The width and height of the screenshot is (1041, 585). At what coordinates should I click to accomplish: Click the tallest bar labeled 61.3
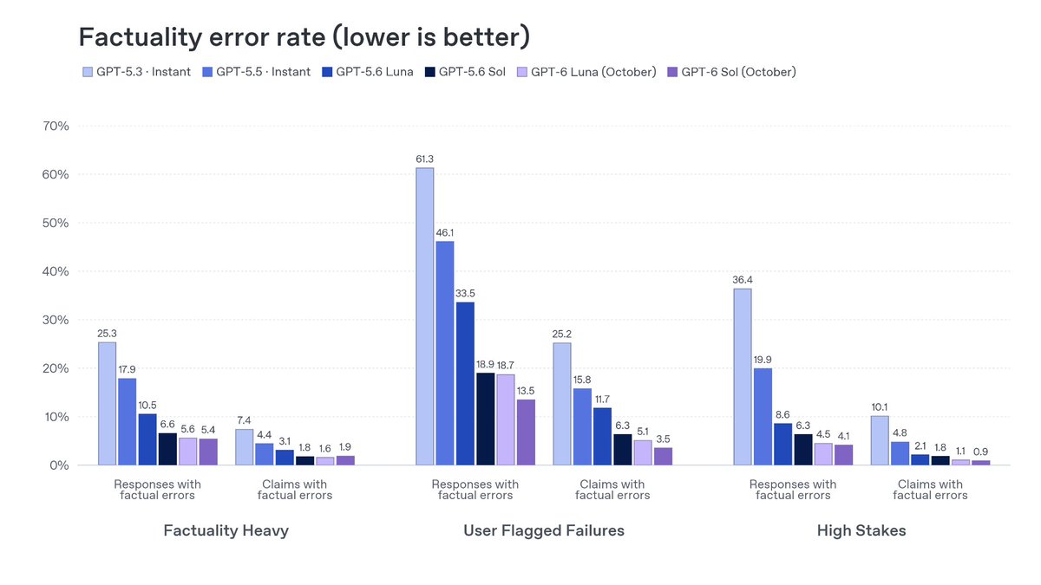click(x=425, y=316)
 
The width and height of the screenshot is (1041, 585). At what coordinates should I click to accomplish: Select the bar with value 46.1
click(x=445, y=354)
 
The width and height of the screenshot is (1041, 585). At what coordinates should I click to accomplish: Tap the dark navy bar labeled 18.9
click(x=486, y=419)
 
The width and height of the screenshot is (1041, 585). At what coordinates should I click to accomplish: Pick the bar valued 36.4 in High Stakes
click(x=743, y=377)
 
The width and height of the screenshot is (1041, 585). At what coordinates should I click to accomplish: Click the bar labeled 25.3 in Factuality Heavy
click(x=108, y=404)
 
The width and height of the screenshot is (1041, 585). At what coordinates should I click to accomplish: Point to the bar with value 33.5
click(x=465, y=383)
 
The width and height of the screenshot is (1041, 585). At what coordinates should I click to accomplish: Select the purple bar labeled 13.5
click(x=526, y=432)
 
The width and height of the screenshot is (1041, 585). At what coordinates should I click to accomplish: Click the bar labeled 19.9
click(x=763, y=417)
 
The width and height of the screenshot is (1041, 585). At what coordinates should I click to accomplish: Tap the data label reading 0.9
click(x=980, y=452)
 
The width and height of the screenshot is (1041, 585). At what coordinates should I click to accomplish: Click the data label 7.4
click(x=244, y=420)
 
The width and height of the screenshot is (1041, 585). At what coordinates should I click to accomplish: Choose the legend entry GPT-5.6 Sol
click(x=465, y=72)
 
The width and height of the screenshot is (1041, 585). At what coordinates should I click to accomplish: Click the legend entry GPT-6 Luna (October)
click(x=586, y=72)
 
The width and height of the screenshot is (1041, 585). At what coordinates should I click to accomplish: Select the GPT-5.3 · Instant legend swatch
click(x=88, y=72)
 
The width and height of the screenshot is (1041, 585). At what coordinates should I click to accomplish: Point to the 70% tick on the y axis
click(x=56, y=126)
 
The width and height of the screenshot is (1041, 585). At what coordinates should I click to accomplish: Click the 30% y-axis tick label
click(x=56, y=320)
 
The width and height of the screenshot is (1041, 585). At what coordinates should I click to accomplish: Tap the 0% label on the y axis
click(x=59, y=465)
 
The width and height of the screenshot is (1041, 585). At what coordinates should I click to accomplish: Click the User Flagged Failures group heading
click(x=544, y=530)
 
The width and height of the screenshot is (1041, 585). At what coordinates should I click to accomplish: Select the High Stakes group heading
click(x=861, y=530)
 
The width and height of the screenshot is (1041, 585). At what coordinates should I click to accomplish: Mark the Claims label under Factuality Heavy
click(x=295, y=490)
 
